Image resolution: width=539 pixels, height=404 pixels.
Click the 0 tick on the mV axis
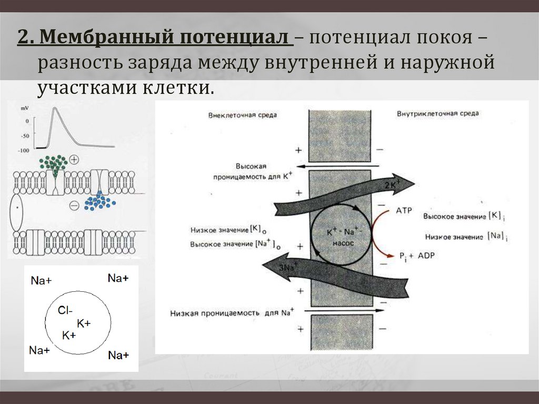pos(27,121)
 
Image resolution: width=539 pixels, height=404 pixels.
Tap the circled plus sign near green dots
pos(74,159)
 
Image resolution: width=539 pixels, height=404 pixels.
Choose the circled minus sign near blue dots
pos(74,206)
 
